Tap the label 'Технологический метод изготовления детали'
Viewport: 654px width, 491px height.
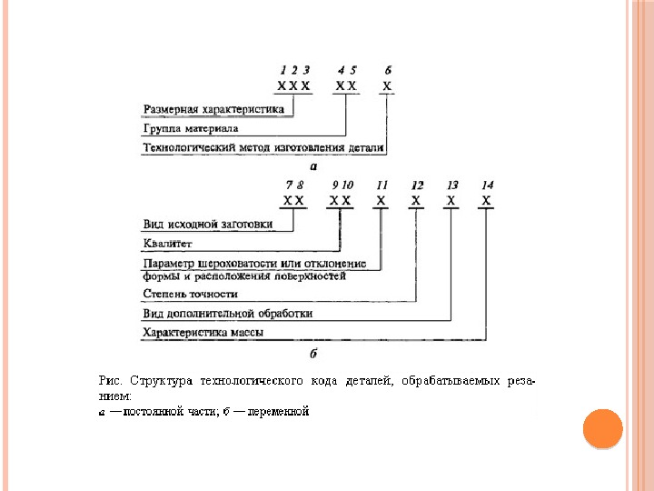pos(264,146)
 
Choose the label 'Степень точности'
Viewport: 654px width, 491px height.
pos(191,295)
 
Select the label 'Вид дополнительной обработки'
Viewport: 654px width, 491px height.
pos(228,314)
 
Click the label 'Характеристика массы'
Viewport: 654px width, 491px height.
pos(203,333)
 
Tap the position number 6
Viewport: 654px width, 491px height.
pos(388,70)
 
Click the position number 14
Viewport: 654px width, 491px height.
pos(488,184)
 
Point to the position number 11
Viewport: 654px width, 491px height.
pos(381,184)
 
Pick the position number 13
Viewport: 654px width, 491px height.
pos(452,184)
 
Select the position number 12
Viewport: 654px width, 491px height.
pos(417,184)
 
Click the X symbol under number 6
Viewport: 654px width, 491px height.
pos(388,86)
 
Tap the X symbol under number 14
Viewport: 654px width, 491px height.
pos(487,200)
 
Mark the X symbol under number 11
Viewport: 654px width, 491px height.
pos(381,200)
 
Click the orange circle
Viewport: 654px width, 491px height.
pos(602,428)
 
